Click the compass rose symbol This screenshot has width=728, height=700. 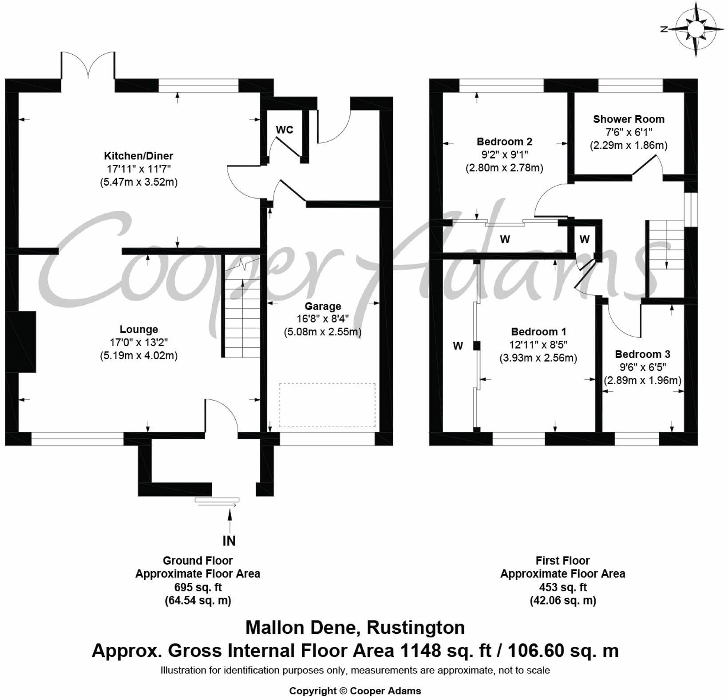695,29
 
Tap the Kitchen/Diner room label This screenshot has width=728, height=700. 138,156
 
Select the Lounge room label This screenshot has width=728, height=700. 139,330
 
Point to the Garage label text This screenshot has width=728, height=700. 323,306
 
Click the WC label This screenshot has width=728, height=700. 285,130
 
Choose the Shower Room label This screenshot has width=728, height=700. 629,119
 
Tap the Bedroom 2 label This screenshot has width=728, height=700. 504,142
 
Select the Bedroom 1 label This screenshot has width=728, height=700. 538,332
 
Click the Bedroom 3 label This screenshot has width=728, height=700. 642,354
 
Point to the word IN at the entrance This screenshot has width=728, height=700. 229,541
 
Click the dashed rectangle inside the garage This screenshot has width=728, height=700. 327,405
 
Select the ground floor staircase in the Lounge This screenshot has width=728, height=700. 241,311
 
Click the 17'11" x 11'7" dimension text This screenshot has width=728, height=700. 139,169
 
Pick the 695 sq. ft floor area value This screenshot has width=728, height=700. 198,587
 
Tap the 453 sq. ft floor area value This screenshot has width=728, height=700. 563,587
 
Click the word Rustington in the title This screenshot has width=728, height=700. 415,628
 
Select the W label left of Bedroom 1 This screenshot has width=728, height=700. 458,346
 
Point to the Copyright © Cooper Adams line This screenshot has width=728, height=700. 355,691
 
